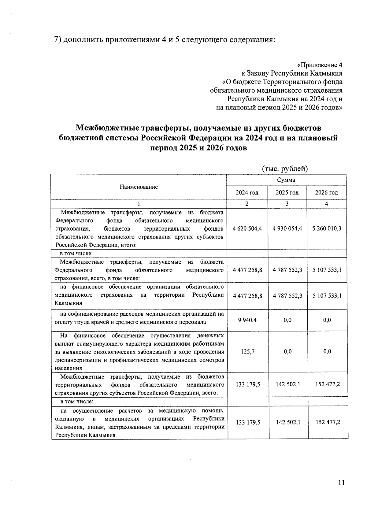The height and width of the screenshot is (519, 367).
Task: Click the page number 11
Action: [x=342, y=483]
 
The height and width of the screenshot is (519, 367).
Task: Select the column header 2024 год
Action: [x=247, y=193]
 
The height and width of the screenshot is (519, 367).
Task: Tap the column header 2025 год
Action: [x=287, y=193]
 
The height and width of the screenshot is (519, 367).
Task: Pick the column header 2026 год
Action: [x=326, y=193]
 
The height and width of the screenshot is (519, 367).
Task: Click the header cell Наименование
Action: [x=139, y=187]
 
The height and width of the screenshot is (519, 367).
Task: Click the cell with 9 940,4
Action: [x=247, y=320]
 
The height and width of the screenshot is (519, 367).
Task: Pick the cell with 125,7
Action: [x=247, y=352]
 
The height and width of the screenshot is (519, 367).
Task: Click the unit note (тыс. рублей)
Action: [x=285, y=169]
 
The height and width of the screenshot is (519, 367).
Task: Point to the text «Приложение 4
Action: [x=320, y=65]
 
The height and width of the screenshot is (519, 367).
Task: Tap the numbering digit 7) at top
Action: [x=58, y=40]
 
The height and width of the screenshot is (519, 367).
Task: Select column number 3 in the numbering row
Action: [x=287, y=204]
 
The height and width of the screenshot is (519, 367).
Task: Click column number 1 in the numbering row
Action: [x=139, y=204]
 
